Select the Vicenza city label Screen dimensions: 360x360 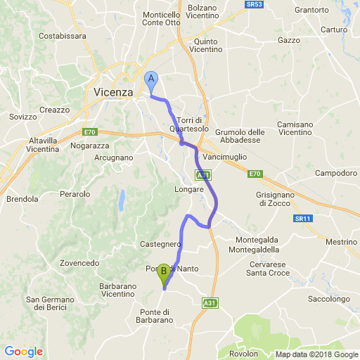(113, 91)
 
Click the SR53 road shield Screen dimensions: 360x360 (255, 4)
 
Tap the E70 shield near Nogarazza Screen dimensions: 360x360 (89, 132)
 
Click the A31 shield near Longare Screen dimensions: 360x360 (202, 174)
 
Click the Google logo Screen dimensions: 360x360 (24, 352)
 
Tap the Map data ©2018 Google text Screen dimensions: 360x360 (316, 354)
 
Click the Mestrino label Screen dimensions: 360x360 (341, 242)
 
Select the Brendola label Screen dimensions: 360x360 (22, 199)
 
